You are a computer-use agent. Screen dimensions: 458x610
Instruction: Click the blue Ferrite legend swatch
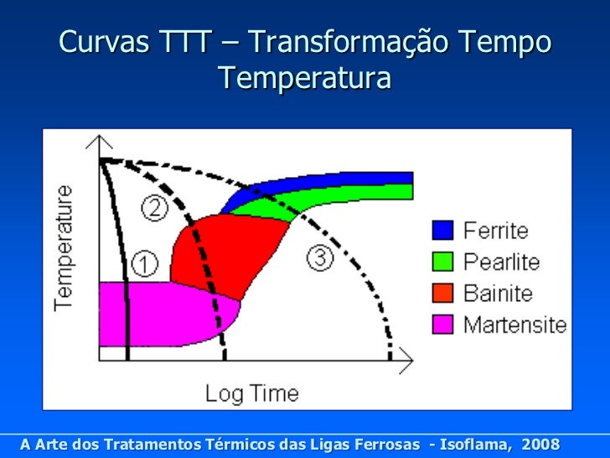pos(442,230)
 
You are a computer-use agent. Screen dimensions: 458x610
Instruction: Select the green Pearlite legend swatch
pos(442,262)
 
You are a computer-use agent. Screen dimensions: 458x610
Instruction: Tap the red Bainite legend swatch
pos(442,293)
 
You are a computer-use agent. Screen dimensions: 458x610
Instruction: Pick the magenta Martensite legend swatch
pos(442,324)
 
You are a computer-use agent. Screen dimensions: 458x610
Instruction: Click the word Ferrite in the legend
pos(496,230)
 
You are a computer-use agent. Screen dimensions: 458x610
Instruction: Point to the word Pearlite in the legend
pos(502,262)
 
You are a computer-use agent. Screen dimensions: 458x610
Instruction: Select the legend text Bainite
pos(499,293)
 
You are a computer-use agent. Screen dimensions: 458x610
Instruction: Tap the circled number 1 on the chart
pos(144,264)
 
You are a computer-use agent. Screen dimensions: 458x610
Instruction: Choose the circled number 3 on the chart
pos(320,258)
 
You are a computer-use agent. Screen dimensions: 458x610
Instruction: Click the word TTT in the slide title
pos(177,41)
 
